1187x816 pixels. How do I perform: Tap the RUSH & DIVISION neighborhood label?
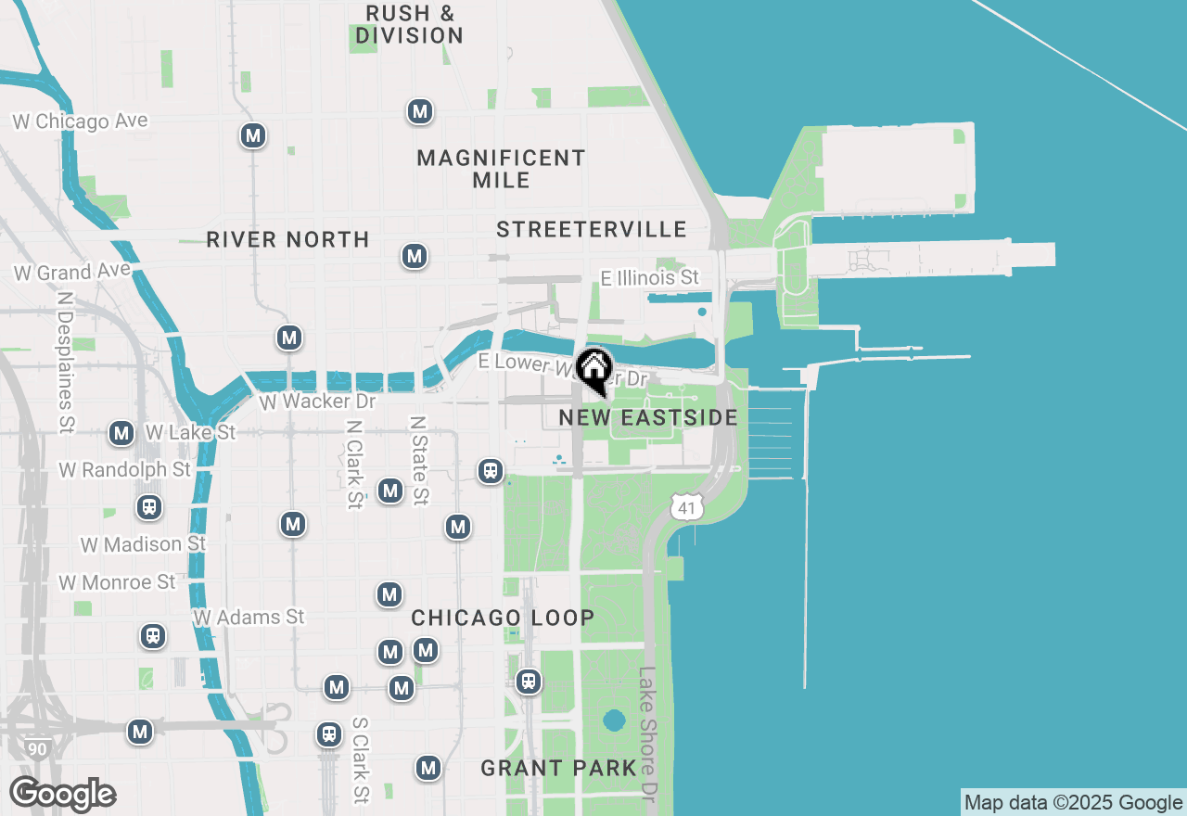point(409,25)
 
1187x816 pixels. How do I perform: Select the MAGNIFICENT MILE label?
point(501,169)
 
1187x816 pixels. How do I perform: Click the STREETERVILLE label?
point(592,229)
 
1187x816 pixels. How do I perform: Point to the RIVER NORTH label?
point(287,239)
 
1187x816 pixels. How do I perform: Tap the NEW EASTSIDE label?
point(648,418)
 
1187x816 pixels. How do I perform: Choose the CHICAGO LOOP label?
point(503,618)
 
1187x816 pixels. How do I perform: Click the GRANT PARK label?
point(558,768)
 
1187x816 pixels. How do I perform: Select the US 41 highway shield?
point(686,506)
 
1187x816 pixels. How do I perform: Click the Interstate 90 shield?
point(37,748)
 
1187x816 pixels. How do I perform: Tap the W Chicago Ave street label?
point(80,121)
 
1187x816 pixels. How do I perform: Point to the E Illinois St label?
point(649,278)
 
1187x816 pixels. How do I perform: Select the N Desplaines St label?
point(65,363)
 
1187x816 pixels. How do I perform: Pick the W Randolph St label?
point(125,470)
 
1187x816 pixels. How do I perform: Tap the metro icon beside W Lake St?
point(121,433)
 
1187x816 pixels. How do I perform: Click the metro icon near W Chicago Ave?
point(252,135)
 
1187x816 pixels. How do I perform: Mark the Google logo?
point(62,795)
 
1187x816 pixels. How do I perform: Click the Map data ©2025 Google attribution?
point(1073,803)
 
